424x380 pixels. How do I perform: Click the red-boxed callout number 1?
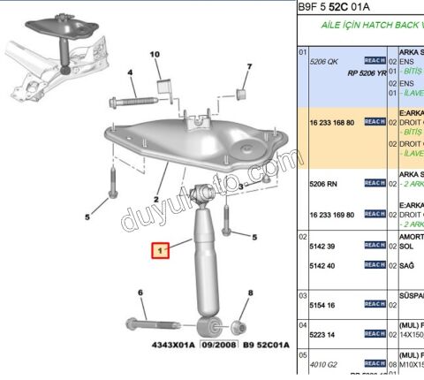point(161,252)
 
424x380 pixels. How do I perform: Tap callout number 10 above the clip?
point(155,55)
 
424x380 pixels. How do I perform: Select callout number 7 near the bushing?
point(249,67)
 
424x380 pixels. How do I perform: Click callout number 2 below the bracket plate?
point(155,201)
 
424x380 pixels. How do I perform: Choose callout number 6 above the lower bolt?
point(140,293)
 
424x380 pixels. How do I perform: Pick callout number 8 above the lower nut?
point(250,293)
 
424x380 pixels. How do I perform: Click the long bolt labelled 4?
point(135,100)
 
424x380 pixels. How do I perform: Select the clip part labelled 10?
point(163,87)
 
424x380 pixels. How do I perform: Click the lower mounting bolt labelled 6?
point(145,322)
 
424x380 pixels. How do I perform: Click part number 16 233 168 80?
point(331,123)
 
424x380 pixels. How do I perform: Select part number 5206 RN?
point(322,183)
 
